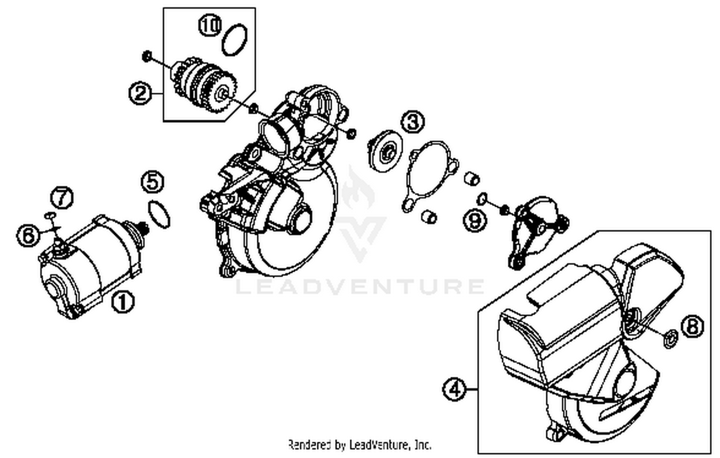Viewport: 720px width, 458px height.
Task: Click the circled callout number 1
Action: click(x=123, y=302)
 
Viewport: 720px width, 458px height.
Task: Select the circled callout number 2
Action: click(x=140, y=92)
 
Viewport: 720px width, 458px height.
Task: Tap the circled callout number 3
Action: click(x=413, y=121)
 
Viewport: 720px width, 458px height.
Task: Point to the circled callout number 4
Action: click(x=454, y=388)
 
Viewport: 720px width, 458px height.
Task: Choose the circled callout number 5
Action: click(x=153, y=182)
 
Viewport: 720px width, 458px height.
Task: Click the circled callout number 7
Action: click(x=62, y=197)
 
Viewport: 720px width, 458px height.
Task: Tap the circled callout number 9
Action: click(x=475, y=220)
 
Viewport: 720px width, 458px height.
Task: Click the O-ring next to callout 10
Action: click(x=235, y=39)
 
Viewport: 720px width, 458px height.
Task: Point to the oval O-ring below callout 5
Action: click(x=159, y=214)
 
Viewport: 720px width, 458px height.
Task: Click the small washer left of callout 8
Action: click(x=669, y=338)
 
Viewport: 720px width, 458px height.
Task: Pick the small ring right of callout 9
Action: click(x=483, y=198)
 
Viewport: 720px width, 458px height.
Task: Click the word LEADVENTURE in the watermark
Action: click(x=360, y=287)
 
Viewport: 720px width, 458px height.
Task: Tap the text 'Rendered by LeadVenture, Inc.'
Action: click(x=360, y=445)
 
